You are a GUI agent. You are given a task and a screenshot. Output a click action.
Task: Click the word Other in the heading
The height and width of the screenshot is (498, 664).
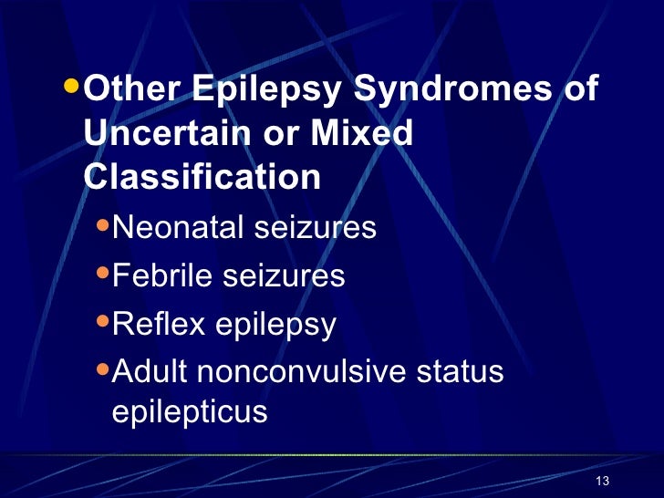pyautogui.click(x=131, y=91)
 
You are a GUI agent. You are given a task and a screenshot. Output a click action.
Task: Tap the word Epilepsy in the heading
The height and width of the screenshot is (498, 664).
pyautogui.click(x=265, y=91)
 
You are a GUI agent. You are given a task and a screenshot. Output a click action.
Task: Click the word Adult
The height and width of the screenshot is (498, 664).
pyautogui.click(x=146, y=371)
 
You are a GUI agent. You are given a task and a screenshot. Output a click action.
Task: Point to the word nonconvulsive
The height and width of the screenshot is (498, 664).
pyautogui.click(x=294, y=371)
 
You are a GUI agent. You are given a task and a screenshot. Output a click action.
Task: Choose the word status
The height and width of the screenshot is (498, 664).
pyautogui.click(x=462, y=371)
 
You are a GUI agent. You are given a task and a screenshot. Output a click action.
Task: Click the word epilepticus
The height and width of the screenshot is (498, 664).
pyautogui.click(x=189, y=412)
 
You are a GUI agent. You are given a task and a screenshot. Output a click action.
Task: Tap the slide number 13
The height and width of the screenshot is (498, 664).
pyautogui.click(x=601, y=482)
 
